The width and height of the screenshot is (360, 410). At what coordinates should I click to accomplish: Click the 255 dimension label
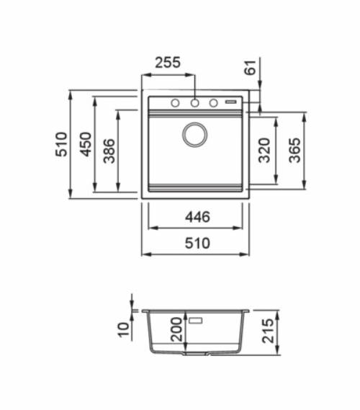tap(168, 63)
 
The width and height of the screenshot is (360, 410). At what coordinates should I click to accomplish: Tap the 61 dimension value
tap(251, 68)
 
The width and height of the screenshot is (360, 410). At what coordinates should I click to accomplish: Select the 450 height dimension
tap(86, 144)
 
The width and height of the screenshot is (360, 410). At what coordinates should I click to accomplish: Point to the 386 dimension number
tap(109, 151)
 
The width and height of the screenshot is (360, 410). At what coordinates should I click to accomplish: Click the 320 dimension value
tap(264, 150)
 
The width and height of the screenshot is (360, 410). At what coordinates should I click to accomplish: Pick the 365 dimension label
tap(294, 150)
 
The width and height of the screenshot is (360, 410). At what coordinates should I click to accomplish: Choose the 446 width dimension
tap(197, 217)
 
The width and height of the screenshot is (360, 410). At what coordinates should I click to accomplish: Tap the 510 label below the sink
tap(197, 243)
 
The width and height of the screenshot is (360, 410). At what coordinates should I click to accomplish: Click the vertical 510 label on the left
tap(61, 144)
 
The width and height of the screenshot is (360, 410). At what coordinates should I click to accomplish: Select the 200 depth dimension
tap(176, 329)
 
